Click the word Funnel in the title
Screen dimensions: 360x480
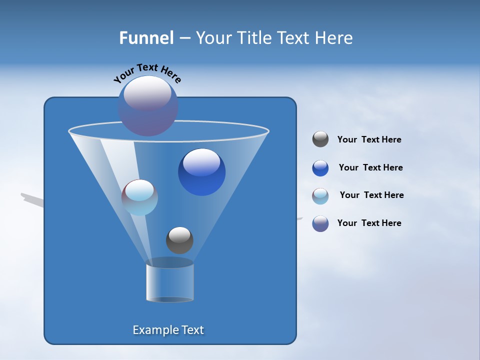146,38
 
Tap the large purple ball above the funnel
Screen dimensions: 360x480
148,106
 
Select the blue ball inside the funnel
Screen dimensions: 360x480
201,172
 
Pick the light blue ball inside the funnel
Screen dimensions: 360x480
139,197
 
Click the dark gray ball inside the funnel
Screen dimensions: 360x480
179,240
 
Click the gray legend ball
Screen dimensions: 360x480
320,139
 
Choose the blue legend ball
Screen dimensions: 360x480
320,168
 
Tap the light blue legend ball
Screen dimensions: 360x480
320,196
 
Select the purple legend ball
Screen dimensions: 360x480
320,223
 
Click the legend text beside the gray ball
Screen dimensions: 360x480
369,140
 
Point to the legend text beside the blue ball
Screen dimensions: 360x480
370,167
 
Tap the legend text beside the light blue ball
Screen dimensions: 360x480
371,195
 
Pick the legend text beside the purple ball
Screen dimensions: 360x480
369,223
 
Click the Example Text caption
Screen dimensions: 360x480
168,330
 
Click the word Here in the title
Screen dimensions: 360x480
334,38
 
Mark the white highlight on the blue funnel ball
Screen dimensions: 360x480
201,162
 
